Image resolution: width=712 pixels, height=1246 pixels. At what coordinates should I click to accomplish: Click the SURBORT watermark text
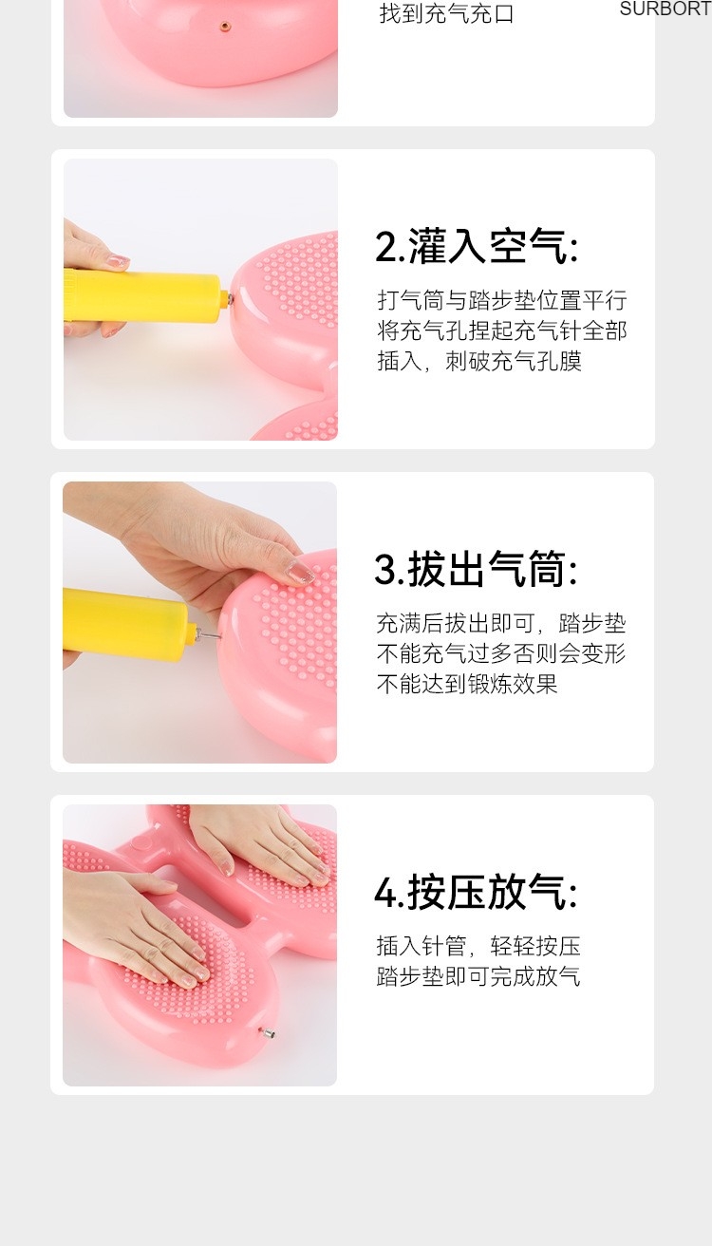[665, 9]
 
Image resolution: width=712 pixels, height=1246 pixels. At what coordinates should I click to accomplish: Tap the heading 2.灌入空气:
[477, 246]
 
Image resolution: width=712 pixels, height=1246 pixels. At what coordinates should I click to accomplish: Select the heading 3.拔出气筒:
[477, 569]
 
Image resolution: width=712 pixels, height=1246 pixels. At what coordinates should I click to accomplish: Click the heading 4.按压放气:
[477, 892]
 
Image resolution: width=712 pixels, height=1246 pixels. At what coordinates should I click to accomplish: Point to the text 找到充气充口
[447, 13]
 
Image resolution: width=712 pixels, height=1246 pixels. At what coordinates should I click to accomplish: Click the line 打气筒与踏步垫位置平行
[502, 300]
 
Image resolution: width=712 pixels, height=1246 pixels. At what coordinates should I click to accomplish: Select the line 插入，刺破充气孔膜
[479, 361]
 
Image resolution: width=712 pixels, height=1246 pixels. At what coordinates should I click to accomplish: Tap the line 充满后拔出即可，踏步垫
[501, 623]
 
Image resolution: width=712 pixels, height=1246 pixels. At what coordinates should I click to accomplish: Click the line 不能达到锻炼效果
[467, 684]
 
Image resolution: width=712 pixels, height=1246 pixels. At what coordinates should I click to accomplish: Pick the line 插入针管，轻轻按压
[478, 946]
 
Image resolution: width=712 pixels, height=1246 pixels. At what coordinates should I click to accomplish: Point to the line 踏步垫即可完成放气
[478, 976]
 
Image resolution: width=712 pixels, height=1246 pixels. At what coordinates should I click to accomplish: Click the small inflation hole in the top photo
[224, 25]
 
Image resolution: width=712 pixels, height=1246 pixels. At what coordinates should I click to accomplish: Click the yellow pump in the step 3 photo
[129, 622]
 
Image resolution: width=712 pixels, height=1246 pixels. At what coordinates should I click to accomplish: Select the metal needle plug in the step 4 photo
[267, 1033]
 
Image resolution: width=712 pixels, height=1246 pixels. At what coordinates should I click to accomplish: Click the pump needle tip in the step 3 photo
[218, 635]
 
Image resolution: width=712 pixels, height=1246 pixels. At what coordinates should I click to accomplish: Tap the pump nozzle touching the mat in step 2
[228, 299]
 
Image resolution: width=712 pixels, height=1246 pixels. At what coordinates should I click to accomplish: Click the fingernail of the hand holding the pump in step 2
[118, 260]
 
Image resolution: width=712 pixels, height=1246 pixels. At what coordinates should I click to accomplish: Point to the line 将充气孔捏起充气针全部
[502, 330]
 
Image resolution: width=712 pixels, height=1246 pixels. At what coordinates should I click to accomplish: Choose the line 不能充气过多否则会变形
[501, 653]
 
